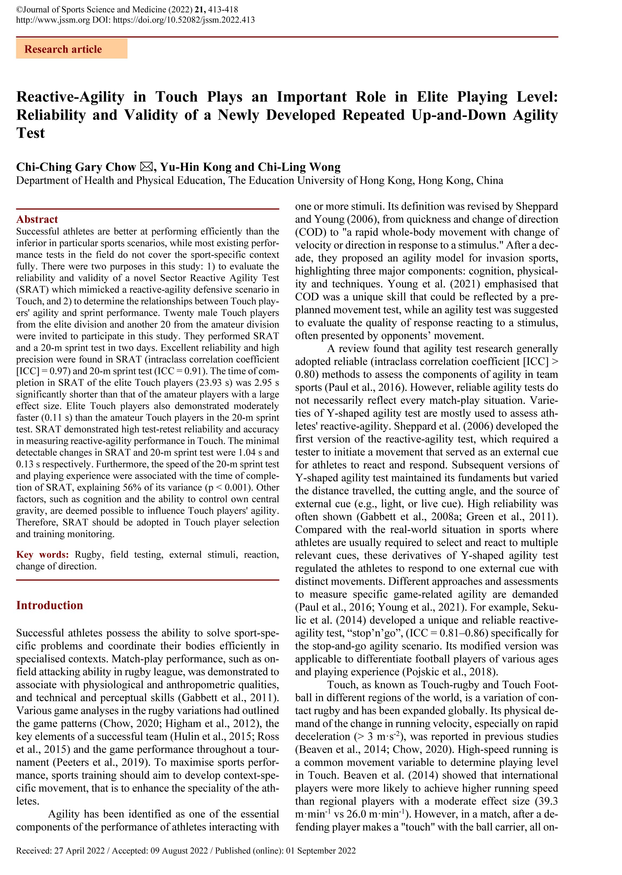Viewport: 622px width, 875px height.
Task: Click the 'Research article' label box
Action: click(x=71, y=49)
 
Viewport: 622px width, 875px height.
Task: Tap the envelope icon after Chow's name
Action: click(x=146, y=167)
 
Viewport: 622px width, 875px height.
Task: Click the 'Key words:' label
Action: click(x=42, y=555)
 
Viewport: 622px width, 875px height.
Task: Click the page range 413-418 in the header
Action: click(x=223, y=9)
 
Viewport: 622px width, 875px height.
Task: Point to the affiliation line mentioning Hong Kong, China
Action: click(x=259, y=180)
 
